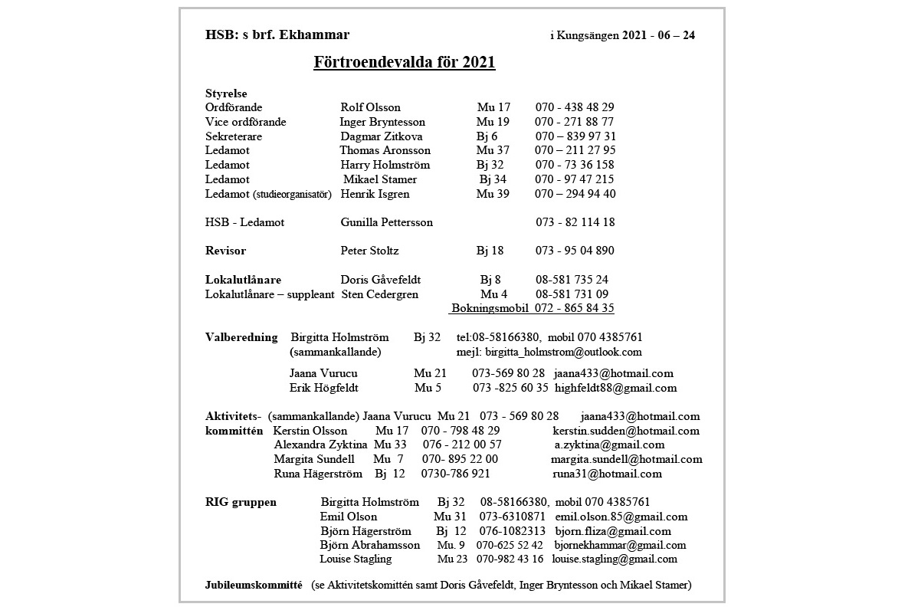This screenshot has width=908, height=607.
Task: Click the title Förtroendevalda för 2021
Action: coord(404,62)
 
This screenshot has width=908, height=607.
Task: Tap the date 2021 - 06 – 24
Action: coord(659,35)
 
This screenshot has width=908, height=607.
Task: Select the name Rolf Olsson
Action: coord(370,107)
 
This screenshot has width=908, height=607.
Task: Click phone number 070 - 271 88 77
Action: coord(574,122)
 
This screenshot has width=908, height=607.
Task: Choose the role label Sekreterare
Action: coord(234,136)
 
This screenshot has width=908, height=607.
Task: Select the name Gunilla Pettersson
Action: coord(386,222)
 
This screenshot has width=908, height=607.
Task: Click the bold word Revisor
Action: coord(225,251)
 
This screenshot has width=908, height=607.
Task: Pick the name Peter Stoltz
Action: coord(369,251)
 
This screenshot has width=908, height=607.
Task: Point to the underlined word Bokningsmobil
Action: coord(490,308)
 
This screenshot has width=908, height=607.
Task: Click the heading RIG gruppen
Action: coord(241,502)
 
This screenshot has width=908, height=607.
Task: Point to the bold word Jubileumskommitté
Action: coord(254,585)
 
